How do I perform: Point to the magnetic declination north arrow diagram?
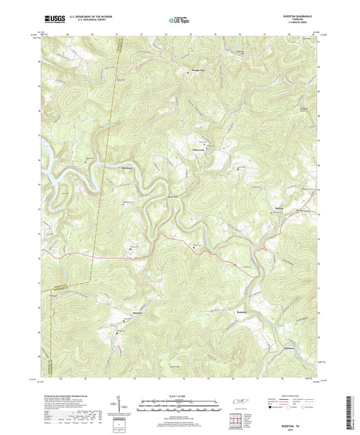click(126, 405)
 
